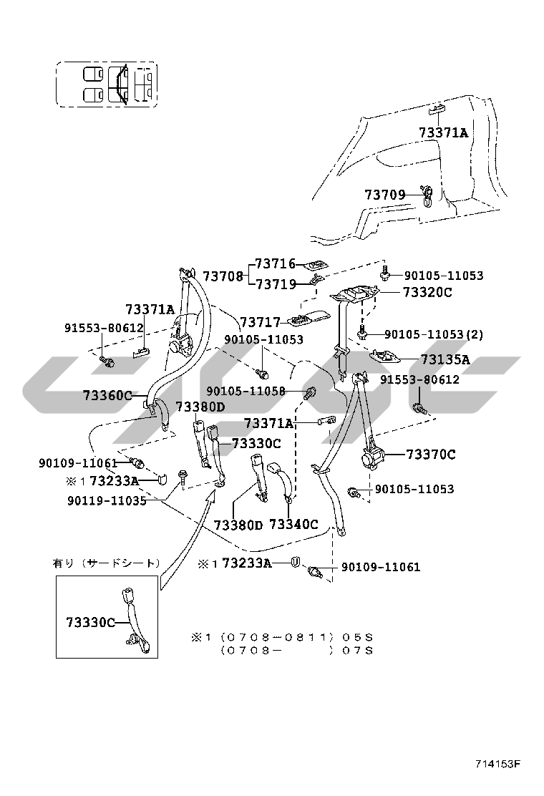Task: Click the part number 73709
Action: [x=385, y=195]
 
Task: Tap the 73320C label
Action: [x=427, y=292]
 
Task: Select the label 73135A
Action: [x=445, y=359]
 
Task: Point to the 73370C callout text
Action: [x=431, y=454]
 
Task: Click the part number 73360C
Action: [x=107, y=395]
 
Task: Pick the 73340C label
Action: [x=293, y=525]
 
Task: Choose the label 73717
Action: [x=261, y=322]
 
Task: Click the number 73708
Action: [x=223, y=276]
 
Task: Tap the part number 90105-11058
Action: [x=246, y=392]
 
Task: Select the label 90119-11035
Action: [x=107, y=500]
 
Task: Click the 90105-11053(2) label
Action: [x=434, y=334]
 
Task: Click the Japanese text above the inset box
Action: [x=107, y=563]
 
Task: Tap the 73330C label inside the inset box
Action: [x=91, y=622]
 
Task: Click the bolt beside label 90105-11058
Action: [x=311, y=392]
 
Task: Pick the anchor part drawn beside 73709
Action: [x=427, y=195]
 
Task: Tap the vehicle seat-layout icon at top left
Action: [x=107, y=84]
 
